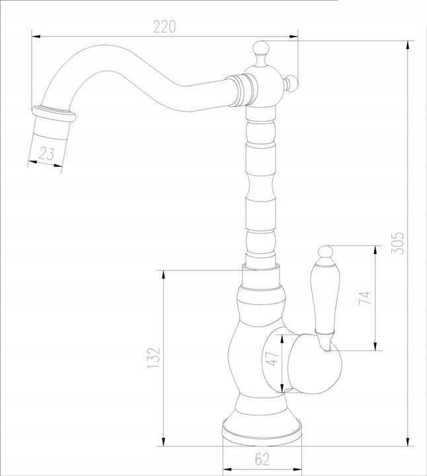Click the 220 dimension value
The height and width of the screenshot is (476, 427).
coord(164,26)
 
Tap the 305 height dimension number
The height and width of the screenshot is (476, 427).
coord(397,243)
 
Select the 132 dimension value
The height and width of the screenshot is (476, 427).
coord(153,358)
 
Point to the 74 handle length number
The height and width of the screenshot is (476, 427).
coord(365,297)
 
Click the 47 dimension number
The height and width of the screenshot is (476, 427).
coord(272,358)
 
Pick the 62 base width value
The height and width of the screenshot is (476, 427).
coord(262,459)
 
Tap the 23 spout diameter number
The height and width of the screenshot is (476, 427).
coord(47,154)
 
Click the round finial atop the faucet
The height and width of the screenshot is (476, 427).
coord(261,48)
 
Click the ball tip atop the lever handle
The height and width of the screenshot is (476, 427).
coord(326,253)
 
